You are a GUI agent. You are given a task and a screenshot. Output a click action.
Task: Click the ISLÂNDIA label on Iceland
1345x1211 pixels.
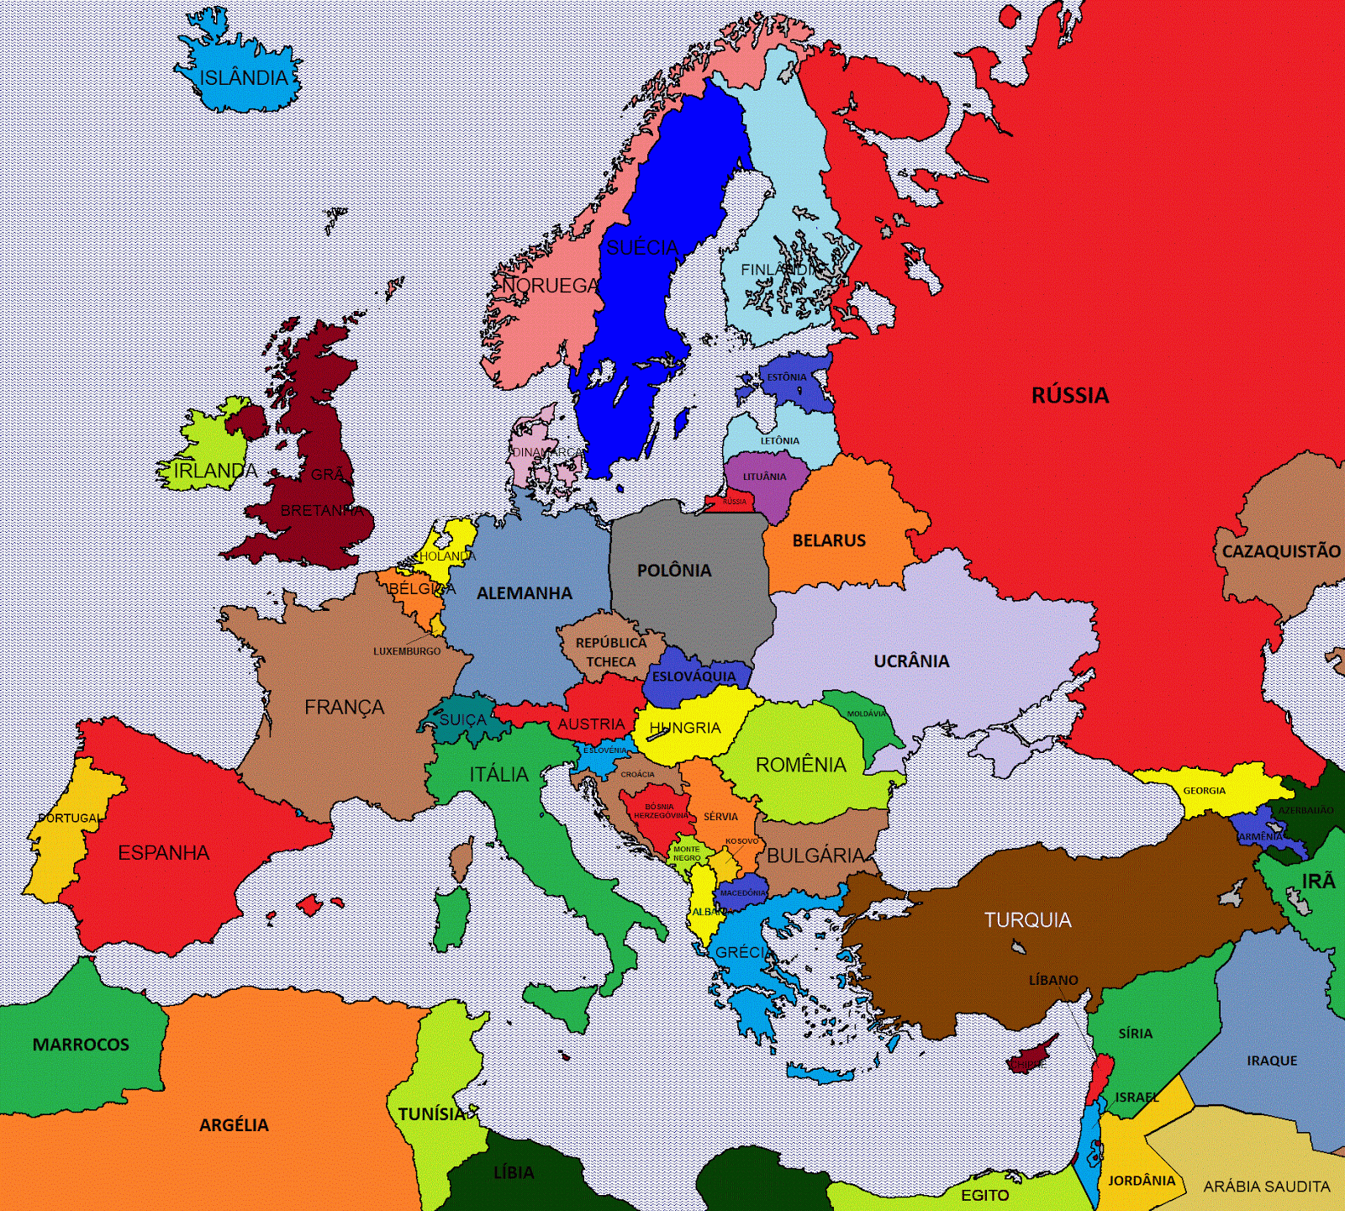(243, 78)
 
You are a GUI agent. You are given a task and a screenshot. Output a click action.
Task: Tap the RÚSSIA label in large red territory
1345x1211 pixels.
(1070, 395)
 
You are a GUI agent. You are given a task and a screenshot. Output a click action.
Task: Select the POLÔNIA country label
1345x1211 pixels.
(674, 571)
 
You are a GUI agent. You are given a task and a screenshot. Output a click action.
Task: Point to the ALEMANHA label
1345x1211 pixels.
(525, 593)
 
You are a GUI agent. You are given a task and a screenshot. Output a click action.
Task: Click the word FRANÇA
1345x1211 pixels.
(344, 708)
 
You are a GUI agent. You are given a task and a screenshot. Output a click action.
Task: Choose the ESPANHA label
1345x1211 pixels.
(163, 853)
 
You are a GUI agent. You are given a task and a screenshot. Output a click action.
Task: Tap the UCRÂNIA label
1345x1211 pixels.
(911, 661)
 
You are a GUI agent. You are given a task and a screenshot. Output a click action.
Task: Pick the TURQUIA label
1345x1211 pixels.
(1028, 920)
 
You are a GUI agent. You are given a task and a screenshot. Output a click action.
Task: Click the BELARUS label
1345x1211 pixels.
(829, 540)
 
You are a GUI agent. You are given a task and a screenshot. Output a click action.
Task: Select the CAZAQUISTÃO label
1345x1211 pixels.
(1281, 551)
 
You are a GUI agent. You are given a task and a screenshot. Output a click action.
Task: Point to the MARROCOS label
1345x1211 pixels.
(81, 1045)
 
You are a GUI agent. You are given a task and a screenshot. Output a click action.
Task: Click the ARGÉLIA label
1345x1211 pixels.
(234, 1125)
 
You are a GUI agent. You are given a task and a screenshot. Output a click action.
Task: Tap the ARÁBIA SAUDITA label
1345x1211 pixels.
(1267, 1187)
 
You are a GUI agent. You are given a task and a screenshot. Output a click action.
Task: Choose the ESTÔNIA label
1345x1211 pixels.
(786, 377)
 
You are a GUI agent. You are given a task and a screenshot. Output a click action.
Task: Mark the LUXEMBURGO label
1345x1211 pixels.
(407, 651)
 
